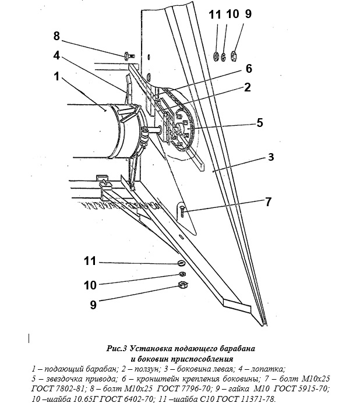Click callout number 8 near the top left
click(57, 36)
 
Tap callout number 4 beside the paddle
click(57, 55)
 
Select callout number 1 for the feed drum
click(57, 76)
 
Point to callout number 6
click(249, 69)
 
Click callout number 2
click(247, 87)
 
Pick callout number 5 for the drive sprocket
click(260, 123)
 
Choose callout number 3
click(271, 157)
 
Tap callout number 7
click(268, 201)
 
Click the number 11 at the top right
click(215, 15)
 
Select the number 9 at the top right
click(248, 14)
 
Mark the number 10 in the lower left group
click(90, 285)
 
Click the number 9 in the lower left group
click(93, 305)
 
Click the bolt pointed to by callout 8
click(129, 56)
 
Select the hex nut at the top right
click(234, 56)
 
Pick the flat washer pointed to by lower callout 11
click(181, 263)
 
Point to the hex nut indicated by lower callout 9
click(182, 284)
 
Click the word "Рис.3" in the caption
click(117, 349)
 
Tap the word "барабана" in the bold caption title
click(238, 349)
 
